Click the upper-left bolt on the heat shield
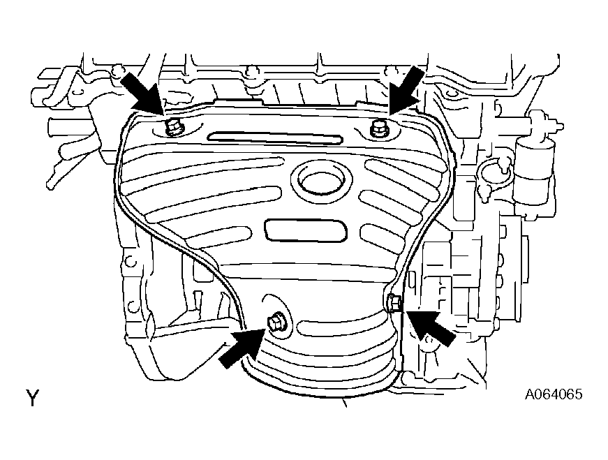tap(172, 127)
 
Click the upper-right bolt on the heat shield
tap(377, 128)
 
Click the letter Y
tap(33, 398)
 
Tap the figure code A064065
tap(554, 394)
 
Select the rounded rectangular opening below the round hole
tap(306, 230)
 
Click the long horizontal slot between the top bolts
tap(275, 138)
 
